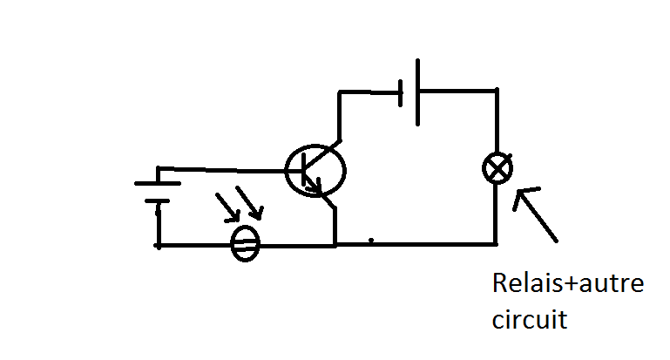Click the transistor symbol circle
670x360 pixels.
(x=315, y=171)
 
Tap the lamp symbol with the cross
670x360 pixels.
(x=497, y=168)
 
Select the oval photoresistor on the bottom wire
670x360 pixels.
(x=246, y=245)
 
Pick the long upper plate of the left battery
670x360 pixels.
(x=158, y=184)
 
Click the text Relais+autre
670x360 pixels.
(x=567, y=285)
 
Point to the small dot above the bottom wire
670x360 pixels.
(x=371, y=239)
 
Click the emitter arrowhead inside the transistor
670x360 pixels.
(x=317, y=186)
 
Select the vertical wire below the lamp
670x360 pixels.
(x=497, y=214)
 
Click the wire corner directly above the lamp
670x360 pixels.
(x=497, y=90)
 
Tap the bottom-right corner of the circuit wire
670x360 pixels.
(x=497, y=244)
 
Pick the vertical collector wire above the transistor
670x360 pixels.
(x=340, y=113)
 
